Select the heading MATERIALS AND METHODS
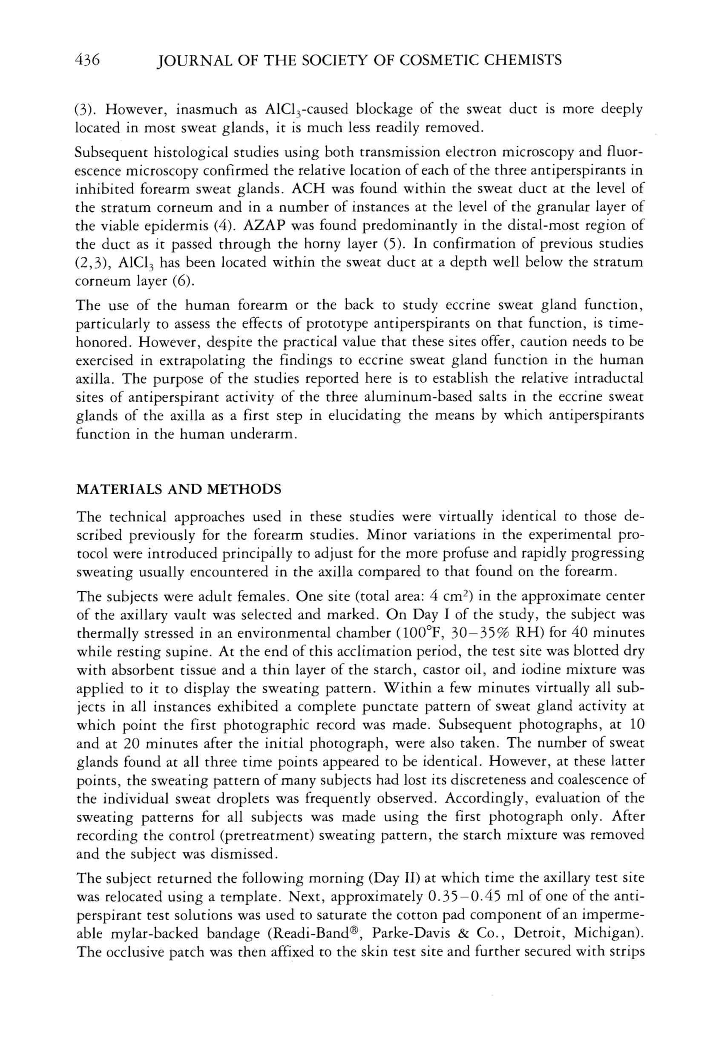[178, 489]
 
